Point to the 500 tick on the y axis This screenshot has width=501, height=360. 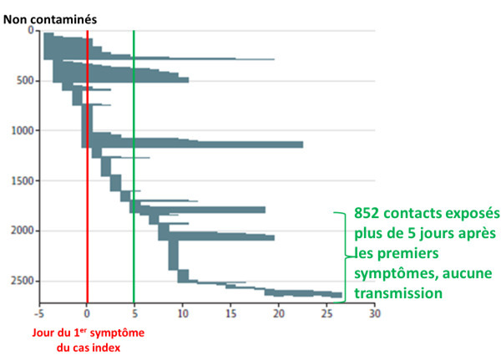pos(26,81)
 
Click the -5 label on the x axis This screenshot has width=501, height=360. pos(38,315)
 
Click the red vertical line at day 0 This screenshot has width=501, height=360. pos(87,167)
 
